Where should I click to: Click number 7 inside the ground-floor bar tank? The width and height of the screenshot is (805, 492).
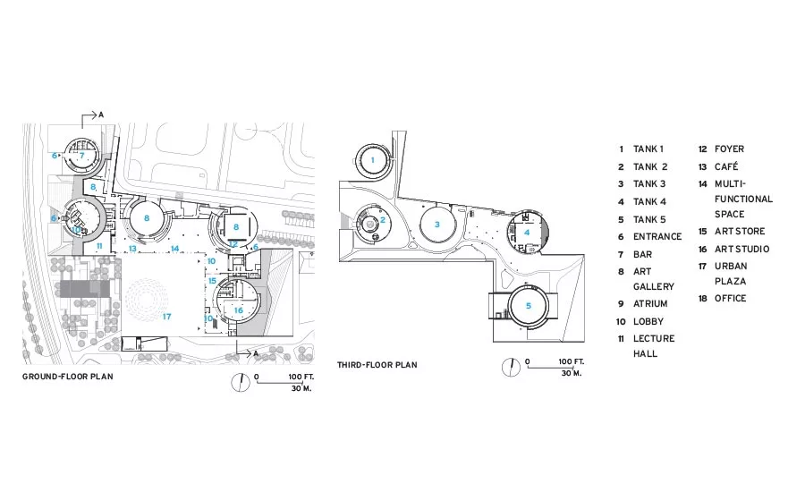tap(81, 155)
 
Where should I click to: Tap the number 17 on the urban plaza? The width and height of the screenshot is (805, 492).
tap(166, 317)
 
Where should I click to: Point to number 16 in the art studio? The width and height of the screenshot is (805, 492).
tap(238, 310)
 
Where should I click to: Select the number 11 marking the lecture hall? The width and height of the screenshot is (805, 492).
tap(99, 246)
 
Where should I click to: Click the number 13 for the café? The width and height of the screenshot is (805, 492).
tap(132, 249)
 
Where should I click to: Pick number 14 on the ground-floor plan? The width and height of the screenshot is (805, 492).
tap(174, 249)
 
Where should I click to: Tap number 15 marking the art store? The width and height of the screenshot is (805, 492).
tap(212, 281)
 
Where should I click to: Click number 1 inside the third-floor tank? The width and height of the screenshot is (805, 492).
tap(373, 160)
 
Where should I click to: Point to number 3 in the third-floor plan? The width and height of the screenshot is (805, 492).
tap(436, 224)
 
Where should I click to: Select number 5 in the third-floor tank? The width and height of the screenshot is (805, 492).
tap(529, 306)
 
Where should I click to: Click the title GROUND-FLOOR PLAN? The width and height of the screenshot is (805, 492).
tap(68, 377)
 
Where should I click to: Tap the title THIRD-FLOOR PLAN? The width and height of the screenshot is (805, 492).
tap(377, 365)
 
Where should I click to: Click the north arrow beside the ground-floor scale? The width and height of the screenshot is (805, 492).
tap(241, 382)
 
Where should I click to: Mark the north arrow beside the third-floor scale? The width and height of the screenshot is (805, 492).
tap(511, 367)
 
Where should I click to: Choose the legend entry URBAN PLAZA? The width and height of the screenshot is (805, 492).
tap(731, 274)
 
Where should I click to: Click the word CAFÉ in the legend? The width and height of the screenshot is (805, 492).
tap(726, 166)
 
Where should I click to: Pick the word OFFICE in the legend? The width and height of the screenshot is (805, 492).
tap(730, 299)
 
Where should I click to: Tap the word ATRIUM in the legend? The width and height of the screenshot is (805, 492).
tap(650, 303)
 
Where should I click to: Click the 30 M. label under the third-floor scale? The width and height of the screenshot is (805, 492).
tap(571, 373)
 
